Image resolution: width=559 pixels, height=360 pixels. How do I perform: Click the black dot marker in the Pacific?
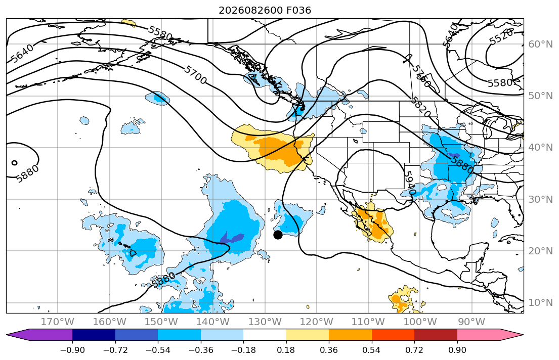point(278,235)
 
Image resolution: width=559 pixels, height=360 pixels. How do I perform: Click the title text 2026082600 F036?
point(265,10)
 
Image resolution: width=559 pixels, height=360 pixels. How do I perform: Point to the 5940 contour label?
point(410,183)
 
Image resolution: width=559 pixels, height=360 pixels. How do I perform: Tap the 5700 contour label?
point(195,74)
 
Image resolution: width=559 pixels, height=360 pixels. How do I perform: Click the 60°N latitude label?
point(540,44)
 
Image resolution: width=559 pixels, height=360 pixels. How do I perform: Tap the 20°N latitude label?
point(540,251)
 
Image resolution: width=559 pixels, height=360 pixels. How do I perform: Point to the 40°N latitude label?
point(540,148)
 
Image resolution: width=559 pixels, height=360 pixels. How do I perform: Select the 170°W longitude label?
point(58,322)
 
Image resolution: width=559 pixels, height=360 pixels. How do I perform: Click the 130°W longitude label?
point(265,322)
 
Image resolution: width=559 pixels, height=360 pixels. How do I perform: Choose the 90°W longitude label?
point(471,322)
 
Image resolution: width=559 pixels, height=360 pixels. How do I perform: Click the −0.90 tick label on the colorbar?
point(72,350)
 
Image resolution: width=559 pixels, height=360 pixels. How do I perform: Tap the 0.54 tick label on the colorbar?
point(371,350)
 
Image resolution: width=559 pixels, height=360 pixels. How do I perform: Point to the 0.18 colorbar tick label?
point(286,350)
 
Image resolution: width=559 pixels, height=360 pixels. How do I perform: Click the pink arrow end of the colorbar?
point(490,335)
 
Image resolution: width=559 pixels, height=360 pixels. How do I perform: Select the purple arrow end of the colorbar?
point(39,335)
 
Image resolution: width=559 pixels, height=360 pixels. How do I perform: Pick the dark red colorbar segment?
point(436,335)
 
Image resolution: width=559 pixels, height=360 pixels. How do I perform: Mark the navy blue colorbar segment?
point(94,335)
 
